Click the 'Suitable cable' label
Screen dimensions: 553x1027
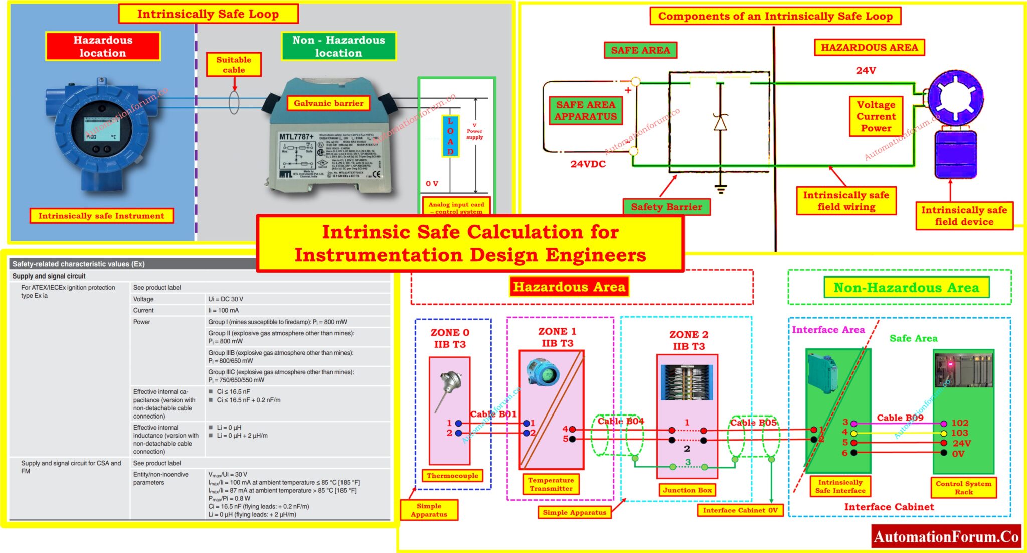(234, 65)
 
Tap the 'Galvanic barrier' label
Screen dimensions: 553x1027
(328, 103)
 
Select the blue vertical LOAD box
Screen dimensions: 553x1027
(450, 136)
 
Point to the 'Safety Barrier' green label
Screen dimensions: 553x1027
(666, 207)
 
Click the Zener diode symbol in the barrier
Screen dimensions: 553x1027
(720, 122)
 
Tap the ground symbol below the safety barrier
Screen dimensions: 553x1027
(721, 188)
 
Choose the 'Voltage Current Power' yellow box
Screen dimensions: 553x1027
(876, 116)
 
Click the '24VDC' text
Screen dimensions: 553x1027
(588, 164)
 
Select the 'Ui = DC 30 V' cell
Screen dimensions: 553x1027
(226, 299)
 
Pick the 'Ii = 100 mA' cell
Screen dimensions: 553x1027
(224, 311)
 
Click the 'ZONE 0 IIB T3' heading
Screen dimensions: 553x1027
(450, 338)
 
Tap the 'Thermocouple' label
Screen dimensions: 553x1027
(452, 476)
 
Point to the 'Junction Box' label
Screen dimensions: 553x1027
(687, 490)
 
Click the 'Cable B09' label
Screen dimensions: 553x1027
(900, 418)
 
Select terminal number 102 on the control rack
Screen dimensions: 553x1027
(959, 423)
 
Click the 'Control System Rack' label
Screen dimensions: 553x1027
(963, 487)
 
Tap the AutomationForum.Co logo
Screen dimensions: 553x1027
(946, 537)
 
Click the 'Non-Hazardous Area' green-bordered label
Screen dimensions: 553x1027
(906, 288)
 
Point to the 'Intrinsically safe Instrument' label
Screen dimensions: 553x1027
(101, 216)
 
